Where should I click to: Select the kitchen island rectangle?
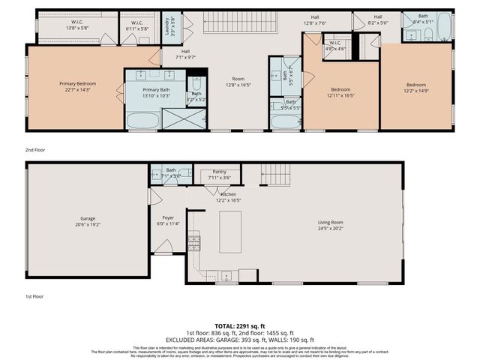(x=230, y=232)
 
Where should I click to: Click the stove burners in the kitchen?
(x=194, y=242)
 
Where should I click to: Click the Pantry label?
(x=220, y=172)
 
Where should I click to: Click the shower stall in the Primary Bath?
(x=174, y=119)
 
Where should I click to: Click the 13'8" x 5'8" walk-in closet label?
(x=77, y=24)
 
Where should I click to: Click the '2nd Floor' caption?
(x=34, y=150)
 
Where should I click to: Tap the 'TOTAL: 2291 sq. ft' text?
(x=240, y=325)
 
